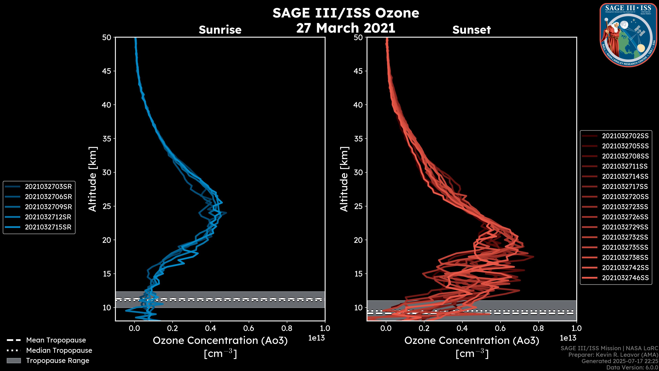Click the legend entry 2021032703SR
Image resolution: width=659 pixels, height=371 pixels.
[48, 187]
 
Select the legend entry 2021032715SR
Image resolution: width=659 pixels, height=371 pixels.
[48, 227]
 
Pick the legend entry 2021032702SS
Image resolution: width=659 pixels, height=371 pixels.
[625, 136]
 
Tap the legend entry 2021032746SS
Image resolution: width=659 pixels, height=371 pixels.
[625, 278]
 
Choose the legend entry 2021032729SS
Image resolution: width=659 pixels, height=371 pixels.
[625, 227]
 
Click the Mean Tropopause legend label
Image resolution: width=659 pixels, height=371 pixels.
[56, 340]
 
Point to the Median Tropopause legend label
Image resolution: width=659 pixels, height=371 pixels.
[59, 351]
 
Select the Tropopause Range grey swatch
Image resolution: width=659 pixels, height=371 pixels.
[14, 361]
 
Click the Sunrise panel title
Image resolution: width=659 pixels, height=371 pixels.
[220, 30]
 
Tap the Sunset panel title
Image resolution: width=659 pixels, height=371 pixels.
[471, 30]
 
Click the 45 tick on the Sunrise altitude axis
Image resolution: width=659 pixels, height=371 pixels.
[107, 71]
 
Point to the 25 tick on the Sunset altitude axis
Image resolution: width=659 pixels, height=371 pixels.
[358, 206]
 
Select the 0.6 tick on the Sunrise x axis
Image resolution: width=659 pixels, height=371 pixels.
[249, 328]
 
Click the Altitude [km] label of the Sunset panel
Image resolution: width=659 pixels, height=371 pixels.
[344, 179]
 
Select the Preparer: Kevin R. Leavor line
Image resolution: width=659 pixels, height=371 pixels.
[613, 355]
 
